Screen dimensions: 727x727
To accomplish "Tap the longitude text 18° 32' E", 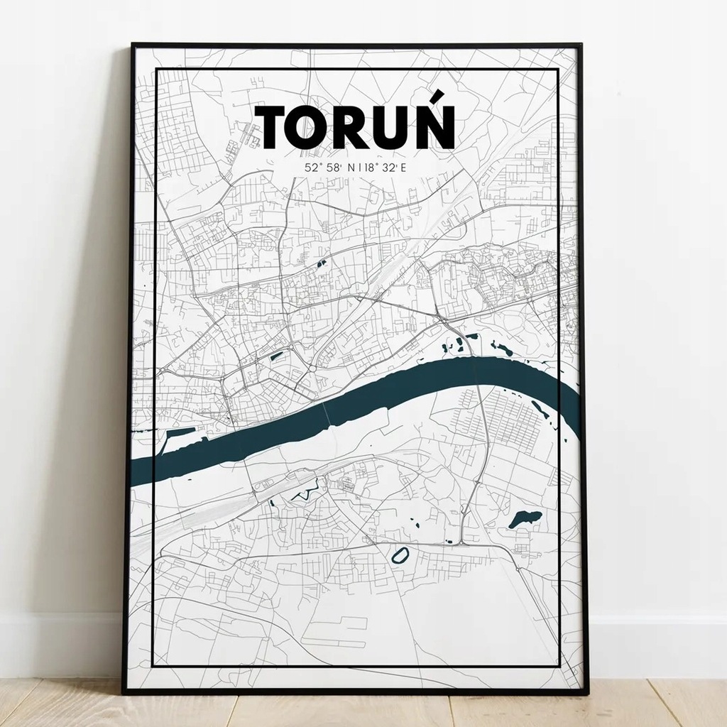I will tap(387, 168).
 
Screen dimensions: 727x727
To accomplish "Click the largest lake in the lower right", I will tap(525, 518).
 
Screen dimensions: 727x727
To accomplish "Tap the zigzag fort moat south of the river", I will tap(302, 493).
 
